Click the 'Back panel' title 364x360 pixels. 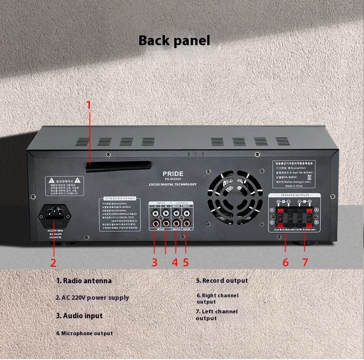click(174, 40)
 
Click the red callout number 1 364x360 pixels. click(89, 105)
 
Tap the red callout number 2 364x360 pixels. click(53, 262)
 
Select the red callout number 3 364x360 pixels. click(155, 262)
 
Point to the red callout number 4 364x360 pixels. click(175, 262)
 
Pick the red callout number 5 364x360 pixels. click(186, 262)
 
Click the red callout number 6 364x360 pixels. click(285, 262)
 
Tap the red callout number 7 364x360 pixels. click(305, 262)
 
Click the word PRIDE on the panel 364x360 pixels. click(173, 173)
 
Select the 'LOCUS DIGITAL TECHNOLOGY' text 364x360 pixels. click(173, 184)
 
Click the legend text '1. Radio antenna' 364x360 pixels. click(84, 281)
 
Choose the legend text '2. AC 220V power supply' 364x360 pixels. click(92, 297)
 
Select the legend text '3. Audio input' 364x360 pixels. click(80, 316)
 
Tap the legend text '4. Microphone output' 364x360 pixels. click(84, 333)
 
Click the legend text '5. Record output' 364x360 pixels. click(222, 281)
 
